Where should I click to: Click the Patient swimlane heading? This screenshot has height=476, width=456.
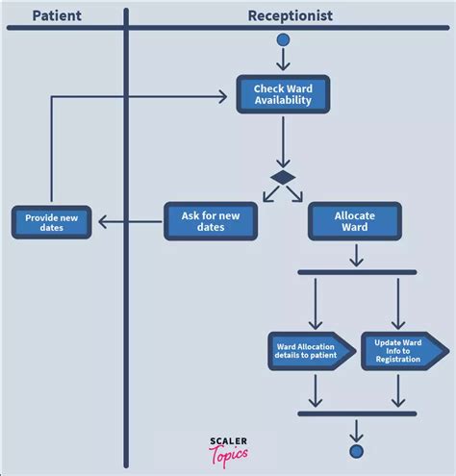point(57,15)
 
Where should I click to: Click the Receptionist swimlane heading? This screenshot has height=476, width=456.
point(291,15)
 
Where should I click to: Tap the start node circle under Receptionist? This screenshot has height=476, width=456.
point(283,40)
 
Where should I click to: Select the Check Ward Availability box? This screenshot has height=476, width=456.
point(283,94)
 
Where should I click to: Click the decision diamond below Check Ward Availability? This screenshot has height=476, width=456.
point(283,178)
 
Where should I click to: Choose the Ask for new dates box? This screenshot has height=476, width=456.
point(211,221)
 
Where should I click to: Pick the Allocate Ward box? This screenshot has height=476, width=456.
point(355,221)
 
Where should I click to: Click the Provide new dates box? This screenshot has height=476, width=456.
point(52,222)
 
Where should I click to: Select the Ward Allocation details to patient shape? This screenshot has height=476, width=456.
point(312,351)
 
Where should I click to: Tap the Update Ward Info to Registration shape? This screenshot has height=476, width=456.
point(405,351)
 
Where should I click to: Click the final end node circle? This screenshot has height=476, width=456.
point(356,451)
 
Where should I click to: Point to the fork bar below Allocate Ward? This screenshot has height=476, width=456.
point(357,272)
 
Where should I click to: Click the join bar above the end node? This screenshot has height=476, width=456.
point(357,413)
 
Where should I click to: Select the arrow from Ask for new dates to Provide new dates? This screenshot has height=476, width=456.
point(130,221)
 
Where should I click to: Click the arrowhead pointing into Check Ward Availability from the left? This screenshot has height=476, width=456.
point(223,97)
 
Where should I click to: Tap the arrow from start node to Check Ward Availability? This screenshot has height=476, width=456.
point(283,60)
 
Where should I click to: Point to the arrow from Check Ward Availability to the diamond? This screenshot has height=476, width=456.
point(283,142)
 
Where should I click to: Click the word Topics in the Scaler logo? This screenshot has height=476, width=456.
point(229,456)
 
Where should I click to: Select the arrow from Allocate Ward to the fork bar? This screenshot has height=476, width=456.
point(356,256)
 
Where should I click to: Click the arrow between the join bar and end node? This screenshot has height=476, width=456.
point(356,431)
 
